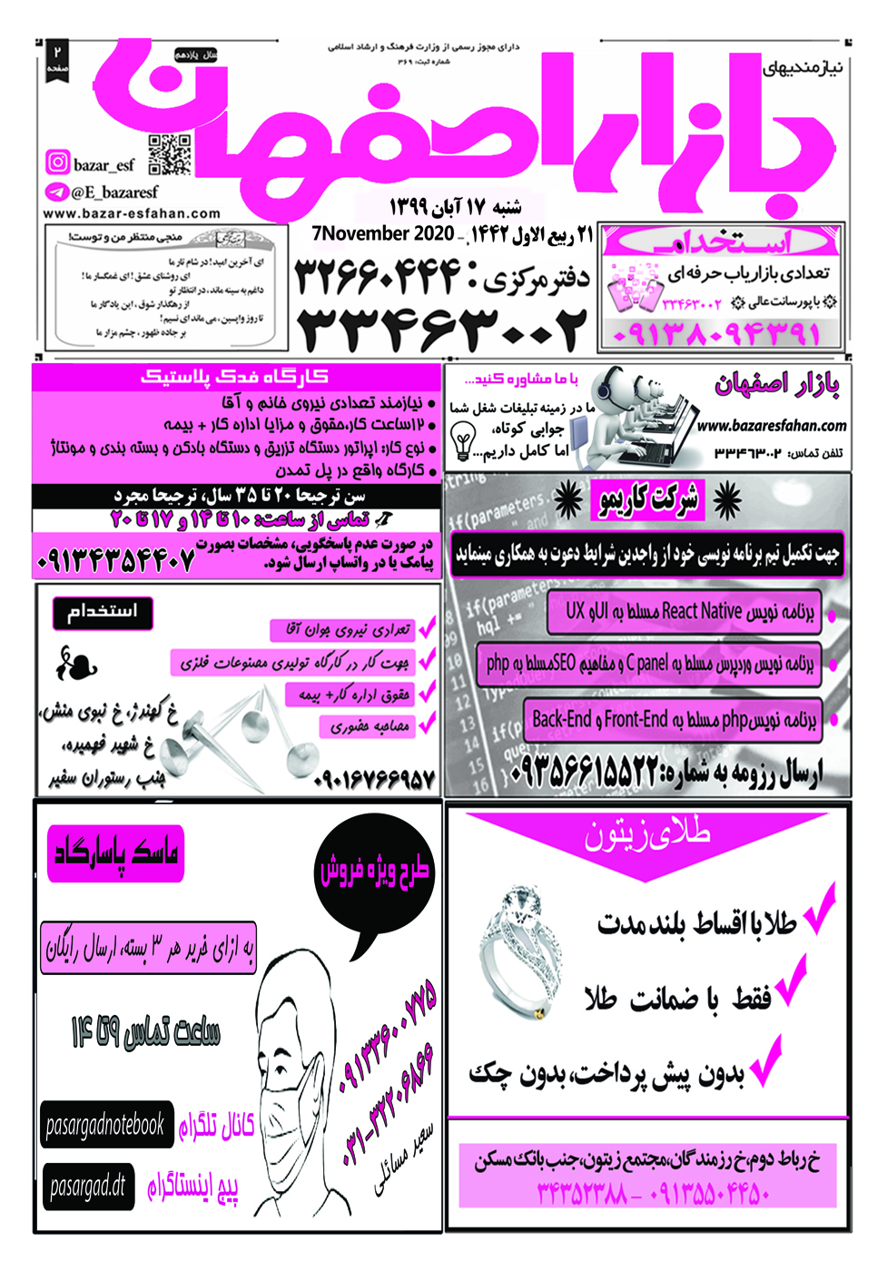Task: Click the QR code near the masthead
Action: coord(170,154)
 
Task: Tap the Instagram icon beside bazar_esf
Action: coord(58,163)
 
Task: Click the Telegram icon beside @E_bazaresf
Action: coord(57,192)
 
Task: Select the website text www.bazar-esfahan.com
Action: coord(132,214)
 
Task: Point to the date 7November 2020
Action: coord(382,233)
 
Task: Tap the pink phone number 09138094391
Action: coord(716,334)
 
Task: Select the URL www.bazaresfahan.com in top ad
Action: coord(772,425)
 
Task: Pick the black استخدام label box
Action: coord(103,613)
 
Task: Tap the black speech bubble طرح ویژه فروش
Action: coord(374,870)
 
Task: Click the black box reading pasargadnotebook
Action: coord(104,1126)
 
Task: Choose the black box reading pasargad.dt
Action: coord(88,1187)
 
